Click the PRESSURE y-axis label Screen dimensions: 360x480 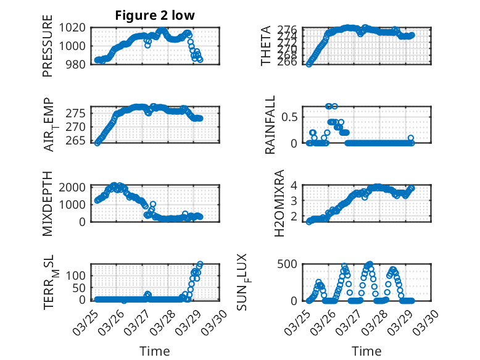(48, 46)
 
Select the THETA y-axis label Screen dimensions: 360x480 (266, 46)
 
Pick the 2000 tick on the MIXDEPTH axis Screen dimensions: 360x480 (75, 188)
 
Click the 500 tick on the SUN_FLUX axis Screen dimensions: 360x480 (290, 264)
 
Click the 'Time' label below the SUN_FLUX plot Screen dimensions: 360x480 (366, 351)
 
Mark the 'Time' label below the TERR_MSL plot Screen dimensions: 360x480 (155, 351)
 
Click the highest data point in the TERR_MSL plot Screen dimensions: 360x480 (200, 264)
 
